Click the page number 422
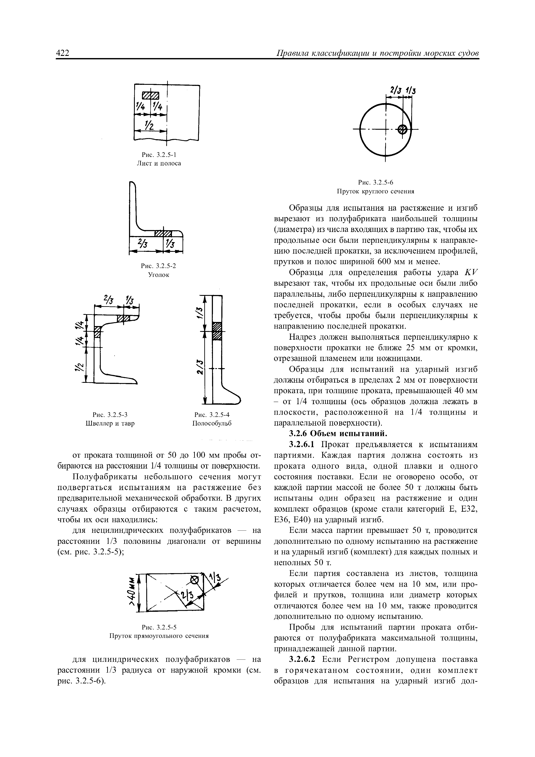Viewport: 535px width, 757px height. tap(63, 53)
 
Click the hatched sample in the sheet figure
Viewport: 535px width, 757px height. tap(150, 95)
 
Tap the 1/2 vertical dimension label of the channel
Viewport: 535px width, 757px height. tap(79, 366)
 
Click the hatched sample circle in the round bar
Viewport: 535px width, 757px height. tap(402, 129)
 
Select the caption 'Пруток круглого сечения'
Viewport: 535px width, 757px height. tap(375, 191)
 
